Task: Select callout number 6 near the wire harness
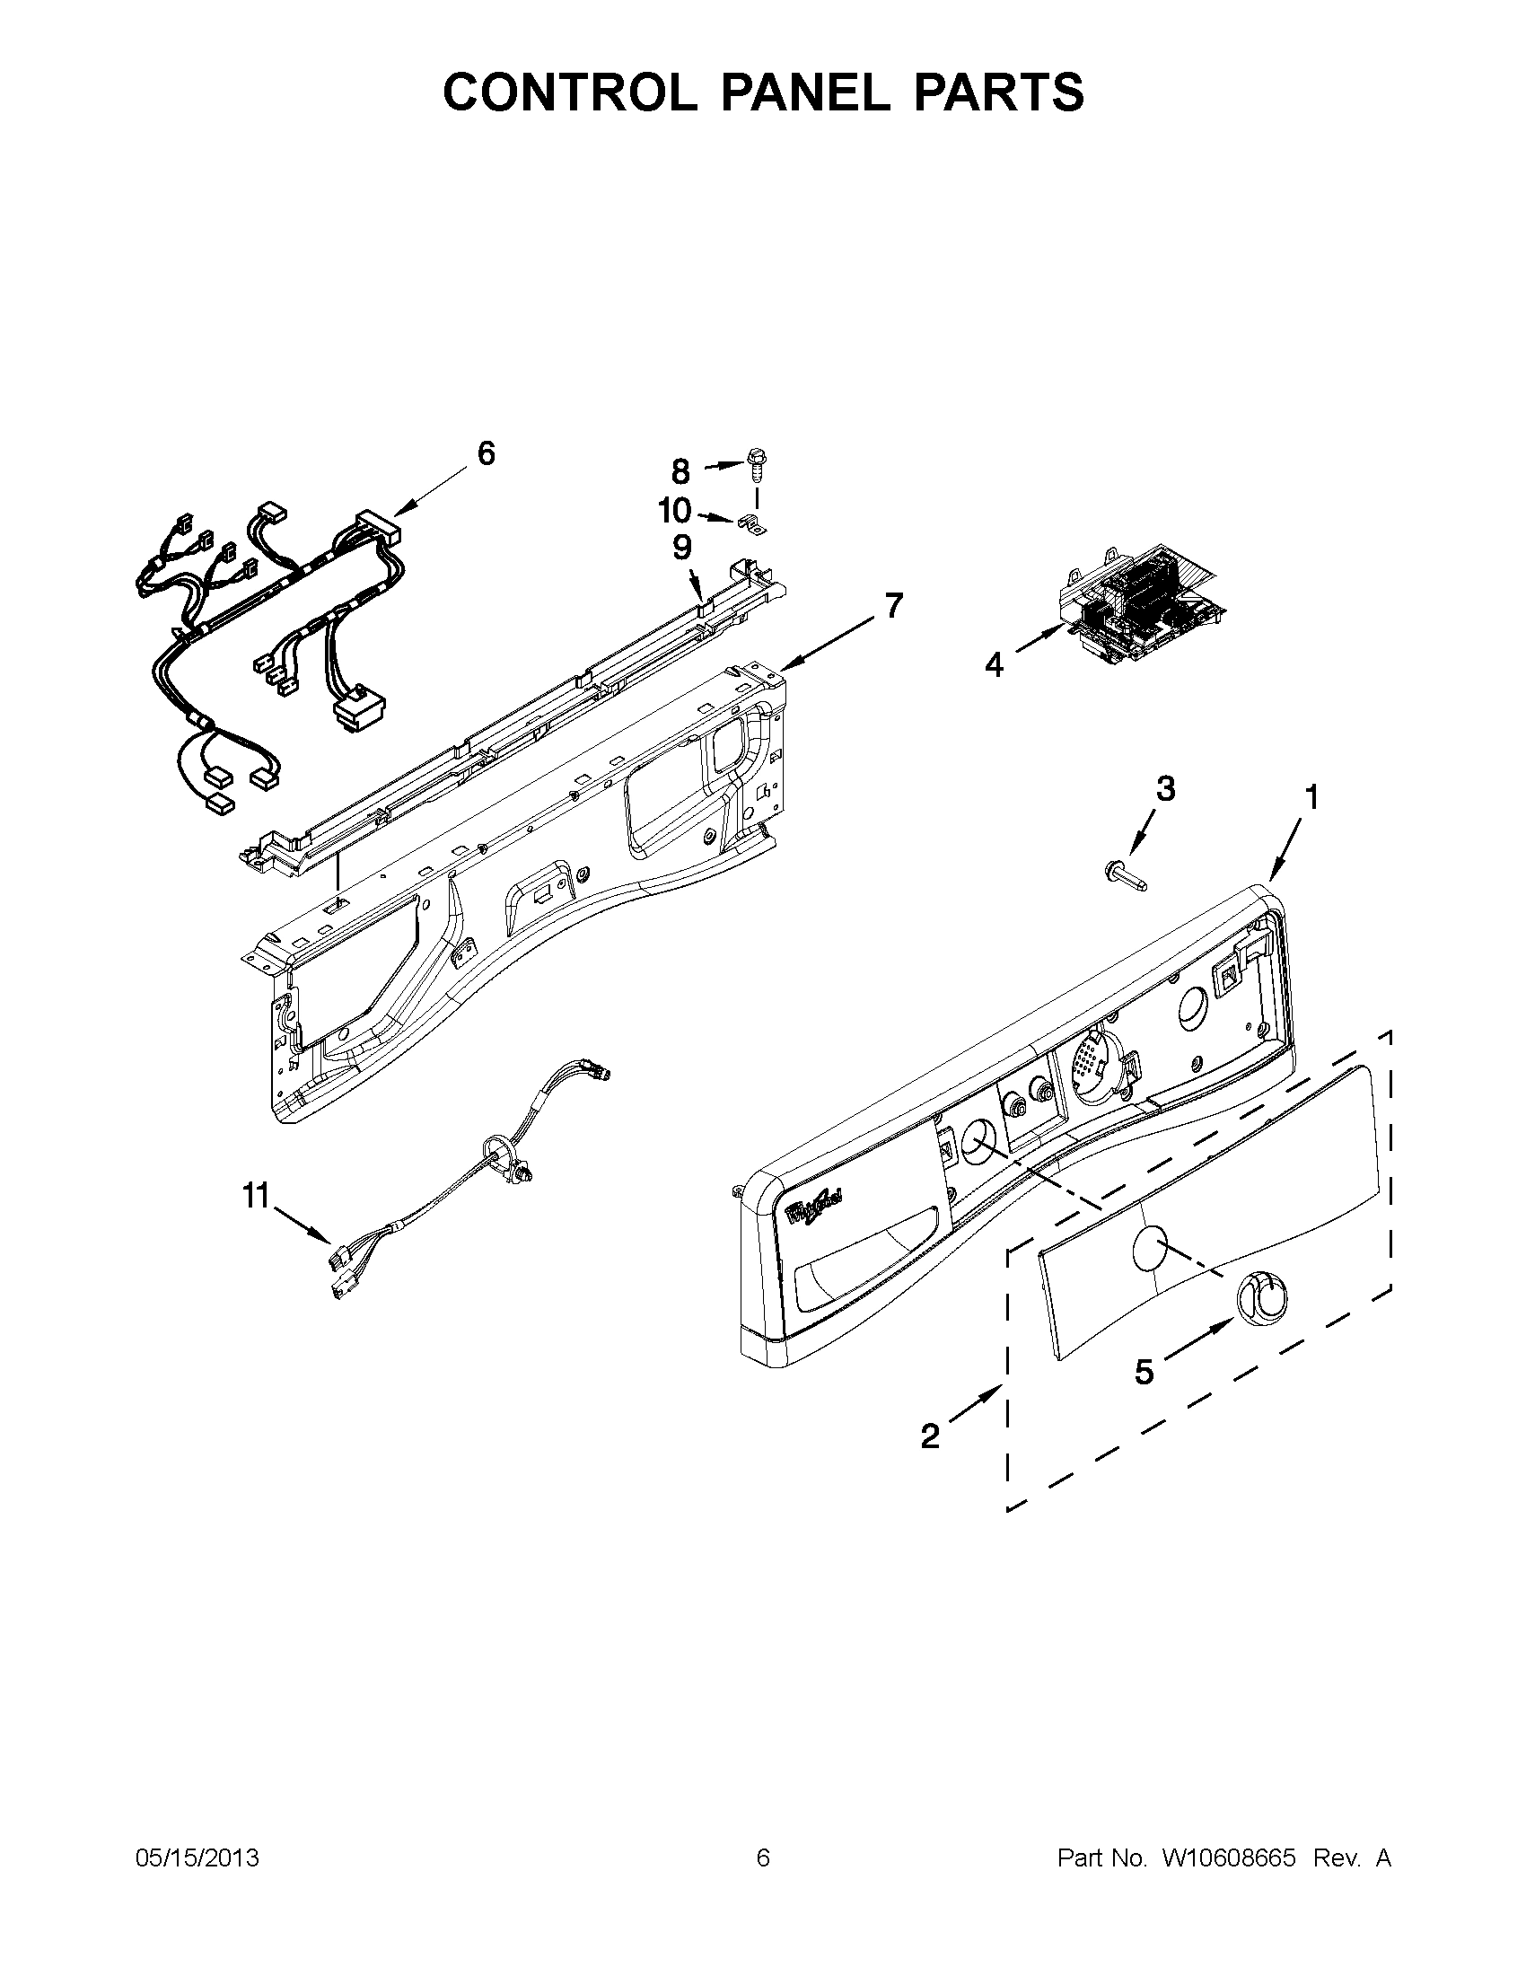coord(486,453)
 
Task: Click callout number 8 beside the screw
coord(680,471)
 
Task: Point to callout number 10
coord(675,511)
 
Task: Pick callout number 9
coord(682,548)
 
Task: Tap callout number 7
coord(893,605)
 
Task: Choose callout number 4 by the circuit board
coord(993,666)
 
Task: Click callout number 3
coord(1166,789)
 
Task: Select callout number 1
coord(1310,797)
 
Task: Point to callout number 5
coord(1144,1372)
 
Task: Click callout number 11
coord(255,1196)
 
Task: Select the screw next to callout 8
coord(756,466)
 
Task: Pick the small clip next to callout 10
coord(750,522)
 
